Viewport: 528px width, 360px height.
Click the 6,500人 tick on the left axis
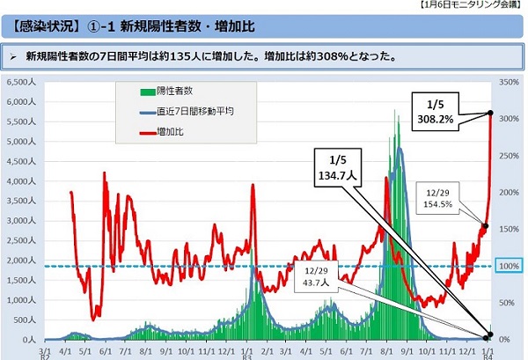pyautogui.click(x=18, y=81)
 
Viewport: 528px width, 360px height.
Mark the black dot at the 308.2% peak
pyautogui.click(x=490, y=113)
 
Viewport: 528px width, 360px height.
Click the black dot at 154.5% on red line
pyautogui.click(x=484, y=226)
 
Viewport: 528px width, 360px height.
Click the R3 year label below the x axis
pyautogui.click(x=248, y=356)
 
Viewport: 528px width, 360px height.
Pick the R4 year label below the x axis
pyautogui.click(x=489, y=356)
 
